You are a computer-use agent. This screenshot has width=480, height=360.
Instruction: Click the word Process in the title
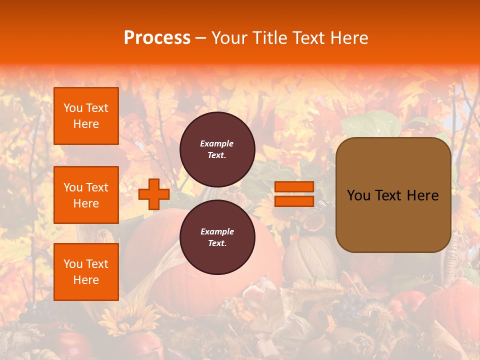click(x=157, y=38)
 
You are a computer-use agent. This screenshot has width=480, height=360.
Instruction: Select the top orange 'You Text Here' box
click(x=86, y=116)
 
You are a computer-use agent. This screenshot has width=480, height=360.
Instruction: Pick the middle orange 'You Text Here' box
click(x=86, y=195)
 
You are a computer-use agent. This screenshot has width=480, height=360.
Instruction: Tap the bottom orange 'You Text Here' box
click(x=86, y=272)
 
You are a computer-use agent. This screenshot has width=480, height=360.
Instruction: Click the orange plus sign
click(x=153, y=194)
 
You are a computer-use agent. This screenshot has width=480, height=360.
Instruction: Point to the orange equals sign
click(x=294, y=194)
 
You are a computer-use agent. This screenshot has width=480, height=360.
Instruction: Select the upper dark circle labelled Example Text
click(x=217, y=149)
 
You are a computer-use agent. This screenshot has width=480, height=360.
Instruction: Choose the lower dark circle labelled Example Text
click(x=217, y=237)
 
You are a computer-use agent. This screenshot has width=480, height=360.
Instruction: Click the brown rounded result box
click(x=393, y=195)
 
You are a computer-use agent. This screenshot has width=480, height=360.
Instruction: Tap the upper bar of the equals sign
click(x=294, y=187)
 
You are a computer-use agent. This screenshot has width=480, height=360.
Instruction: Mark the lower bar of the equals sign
click(x=294, y=201)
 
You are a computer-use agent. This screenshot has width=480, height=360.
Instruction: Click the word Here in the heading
click(x=350, y=38)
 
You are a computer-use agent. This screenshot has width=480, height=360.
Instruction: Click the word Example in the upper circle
click(x=217, y=144)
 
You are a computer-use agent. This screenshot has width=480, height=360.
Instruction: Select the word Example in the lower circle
click(x=217, y=232)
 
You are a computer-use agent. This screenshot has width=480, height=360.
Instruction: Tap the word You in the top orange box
click(x=73, y=108)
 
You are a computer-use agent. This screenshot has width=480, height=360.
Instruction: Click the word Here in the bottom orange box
click(x=86, y=280)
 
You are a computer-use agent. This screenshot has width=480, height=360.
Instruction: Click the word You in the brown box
click(x=358, y=195)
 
